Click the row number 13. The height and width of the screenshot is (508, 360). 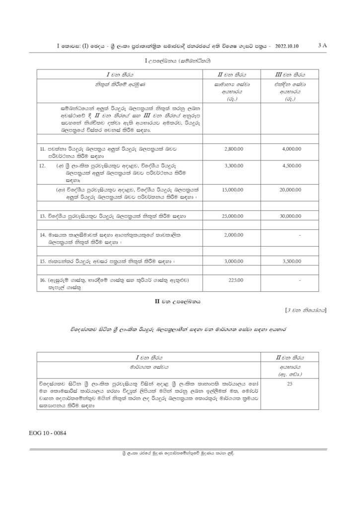pyautogui.click(x=43, y=217)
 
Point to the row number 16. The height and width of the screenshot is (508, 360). pyautogui.click(x=43, y=281)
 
